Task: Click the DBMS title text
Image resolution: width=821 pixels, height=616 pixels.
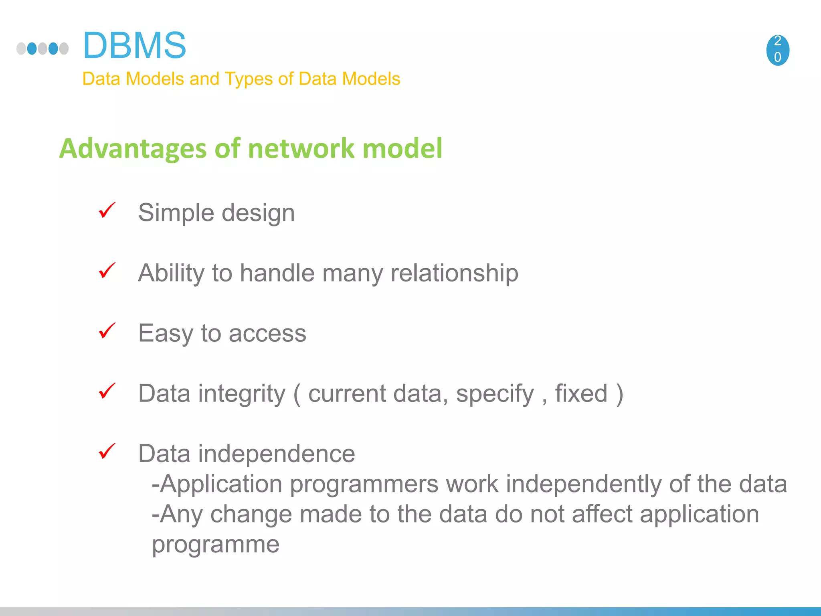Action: coord(134,45)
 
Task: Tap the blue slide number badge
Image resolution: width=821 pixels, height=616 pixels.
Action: coord(777,50)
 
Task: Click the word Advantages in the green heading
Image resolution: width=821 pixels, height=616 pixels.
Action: coord(132,149)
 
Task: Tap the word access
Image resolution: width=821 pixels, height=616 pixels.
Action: coord(267,334)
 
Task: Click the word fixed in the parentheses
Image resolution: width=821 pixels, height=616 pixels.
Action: coord(581,393)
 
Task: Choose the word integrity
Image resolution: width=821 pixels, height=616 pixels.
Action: coord(242,394)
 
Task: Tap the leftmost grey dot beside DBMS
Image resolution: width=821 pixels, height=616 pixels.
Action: coord(21,49)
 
